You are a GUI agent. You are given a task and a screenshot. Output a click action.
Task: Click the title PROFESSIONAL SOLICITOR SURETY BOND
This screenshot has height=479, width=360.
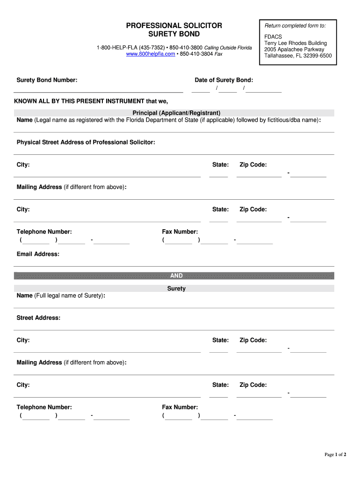[x=174, y=30]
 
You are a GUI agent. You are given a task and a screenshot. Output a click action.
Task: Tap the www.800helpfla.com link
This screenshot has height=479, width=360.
[x=151, y=54]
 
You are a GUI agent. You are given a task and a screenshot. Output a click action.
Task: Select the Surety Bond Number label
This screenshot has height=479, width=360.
[x=47, y=80]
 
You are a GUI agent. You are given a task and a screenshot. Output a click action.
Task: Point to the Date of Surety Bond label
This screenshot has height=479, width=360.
[x=223, y=80]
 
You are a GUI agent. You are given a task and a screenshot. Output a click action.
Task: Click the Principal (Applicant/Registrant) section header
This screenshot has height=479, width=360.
[x=176, y=113]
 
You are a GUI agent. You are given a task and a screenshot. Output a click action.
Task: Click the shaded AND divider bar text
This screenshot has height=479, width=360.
[x=176, y=276]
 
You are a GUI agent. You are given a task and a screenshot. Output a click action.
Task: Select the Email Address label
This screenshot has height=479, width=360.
[x=38, y=254]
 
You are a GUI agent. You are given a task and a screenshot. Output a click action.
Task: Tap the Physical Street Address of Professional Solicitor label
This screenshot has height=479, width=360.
[x=86, y=142]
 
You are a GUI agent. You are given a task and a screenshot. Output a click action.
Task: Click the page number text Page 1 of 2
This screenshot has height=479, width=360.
[x=335, y=454]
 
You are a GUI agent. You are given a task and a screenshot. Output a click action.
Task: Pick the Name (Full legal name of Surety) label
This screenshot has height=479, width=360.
[x=61, y=296]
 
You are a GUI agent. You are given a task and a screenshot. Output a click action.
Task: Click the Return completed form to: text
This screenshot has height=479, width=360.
[x=295, y=25]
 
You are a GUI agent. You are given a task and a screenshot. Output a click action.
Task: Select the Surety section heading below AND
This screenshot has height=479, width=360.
[x=176, y=289]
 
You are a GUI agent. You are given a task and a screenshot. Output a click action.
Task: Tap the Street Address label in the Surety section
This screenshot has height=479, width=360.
[x=38, y=318]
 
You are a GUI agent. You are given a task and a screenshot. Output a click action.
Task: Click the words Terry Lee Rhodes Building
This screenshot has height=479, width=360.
[x=295, y=44]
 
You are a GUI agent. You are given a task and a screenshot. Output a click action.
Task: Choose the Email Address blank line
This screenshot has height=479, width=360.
[x=174, y=266]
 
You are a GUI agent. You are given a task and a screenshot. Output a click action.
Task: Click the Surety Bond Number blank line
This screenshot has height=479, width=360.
[x=98, y=92]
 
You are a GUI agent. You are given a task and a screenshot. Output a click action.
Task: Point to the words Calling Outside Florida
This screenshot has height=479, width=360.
[x=228, y=48]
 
